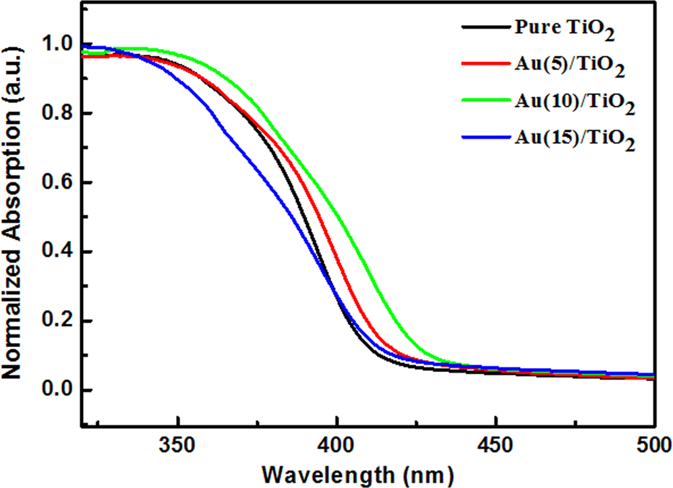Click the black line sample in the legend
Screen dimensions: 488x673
(x=484, y=28)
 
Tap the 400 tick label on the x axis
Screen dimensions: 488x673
(x=336, y=444)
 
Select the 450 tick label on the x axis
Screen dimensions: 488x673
(x=496, y=444)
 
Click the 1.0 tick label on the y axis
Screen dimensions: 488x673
(x=57, y=45)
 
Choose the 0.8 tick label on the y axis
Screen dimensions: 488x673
(x=57, y=114)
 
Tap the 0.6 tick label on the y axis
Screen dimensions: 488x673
(x=57, y=183)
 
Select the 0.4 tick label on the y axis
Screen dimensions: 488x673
(x=57, y=252)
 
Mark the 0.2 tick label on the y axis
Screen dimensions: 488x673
(x=57, y=322)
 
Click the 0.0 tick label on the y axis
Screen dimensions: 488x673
(x=57, y=390)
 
